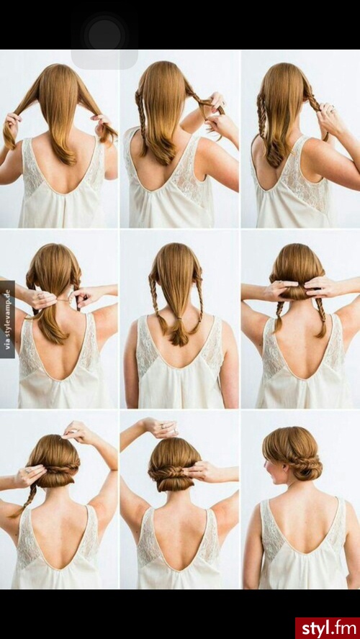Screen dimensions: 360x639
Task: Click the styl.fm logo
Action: [x=328, y=628]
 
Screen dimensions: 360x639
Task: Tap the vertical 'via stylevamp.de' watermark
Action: [x=7, y=319]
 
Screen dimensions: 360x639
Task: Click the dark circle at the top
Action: [x=104, y=35]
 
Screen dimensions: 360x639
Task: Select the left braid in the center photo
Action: [x=158, y=301]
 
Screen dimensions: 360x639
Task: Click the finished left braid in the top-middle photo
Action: [x=140, y=123]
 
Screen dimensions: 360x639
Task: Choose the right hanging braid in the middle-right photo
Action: [x=321, y=317]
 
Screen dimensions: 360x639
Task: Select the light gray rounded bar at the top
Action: [x=104, y=60]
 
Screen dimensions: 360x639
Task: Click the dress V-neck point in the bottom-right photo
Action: [x=304, y=553]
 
